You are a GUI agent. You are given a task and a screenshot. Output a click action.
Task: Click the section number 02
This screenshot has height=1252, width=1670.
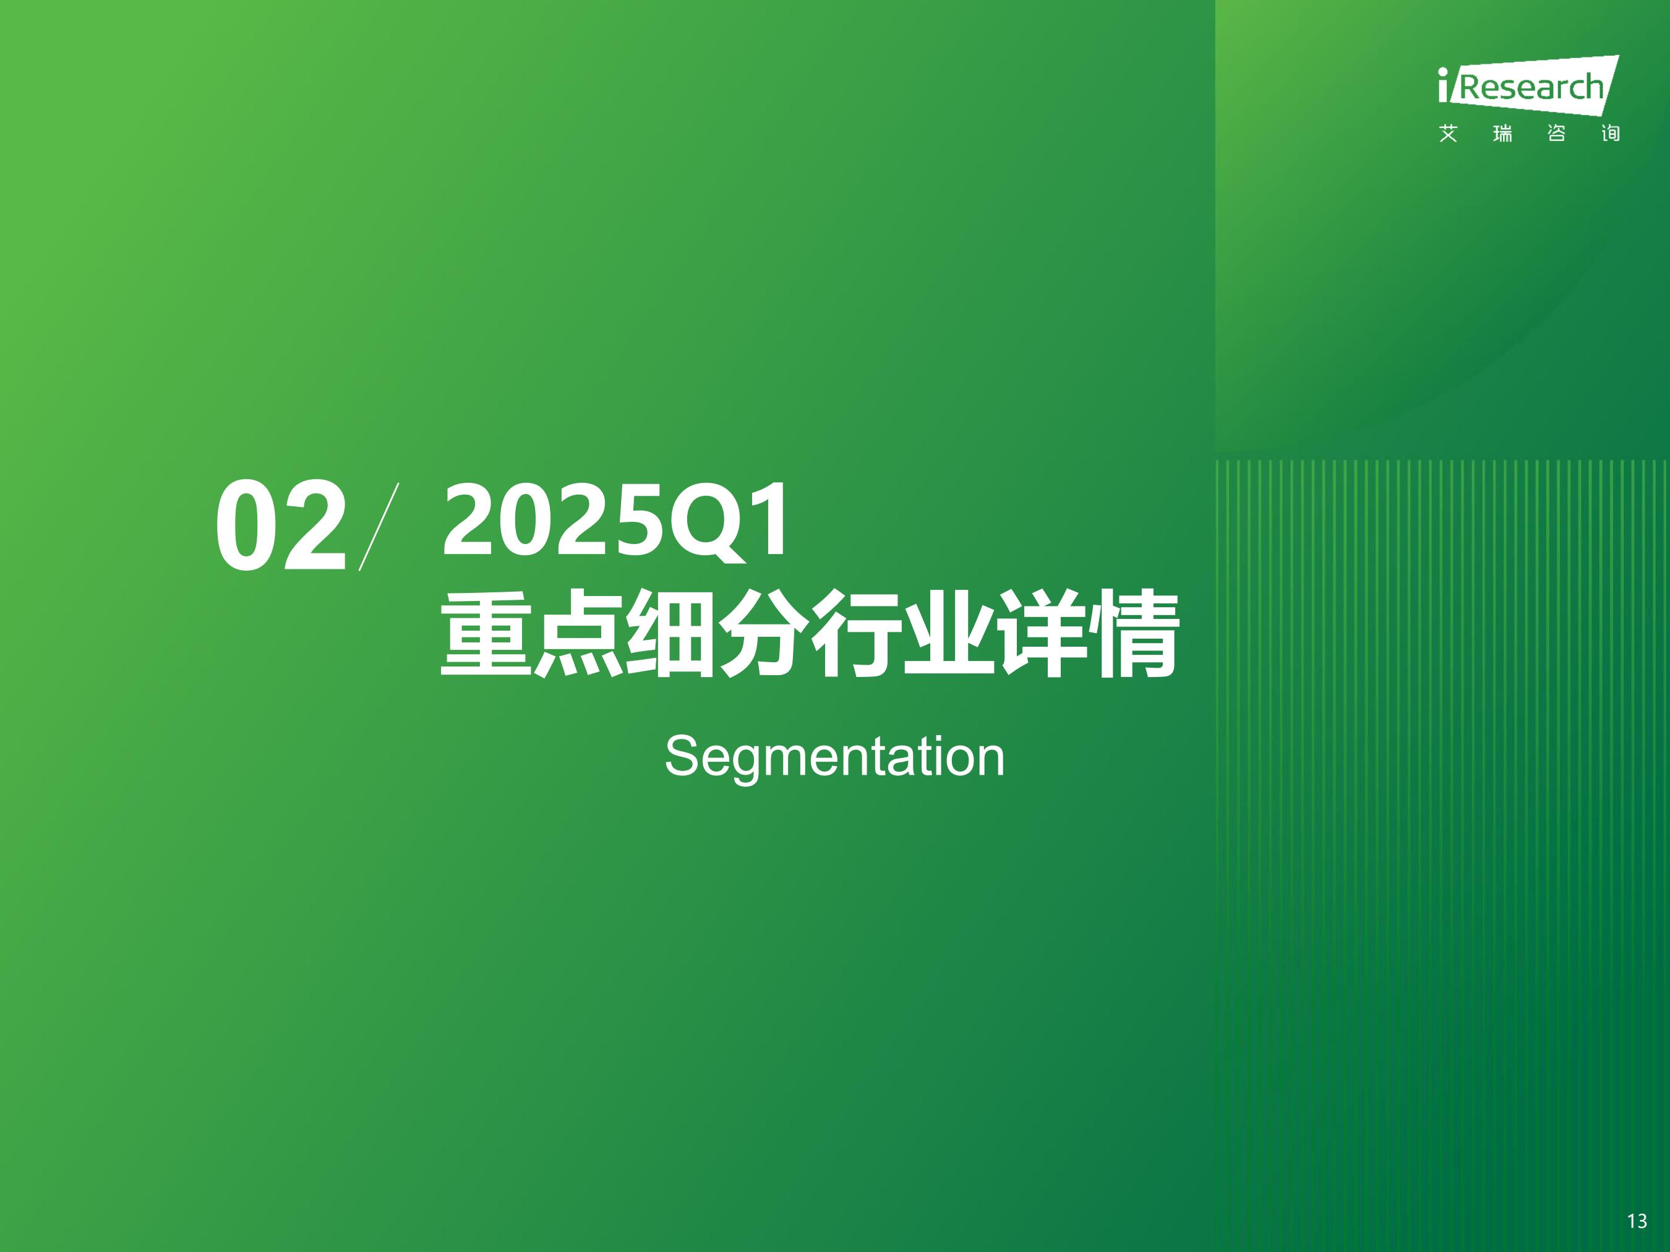pyautogui.click(x=281, y=526)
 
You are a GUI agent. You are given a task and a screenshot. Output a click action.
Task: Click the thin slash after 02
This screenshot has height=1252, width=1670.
pyautogui.click(x=379, y=526)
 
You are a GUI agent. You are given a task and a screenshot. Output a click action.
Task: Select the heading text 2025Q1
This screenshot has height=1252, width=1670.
pyautogui.click(x=616, y=521)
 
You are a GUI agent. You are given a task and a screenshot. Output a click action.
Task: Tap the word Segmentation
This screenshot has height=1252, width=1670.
pyautogui.click(x=834, y=757)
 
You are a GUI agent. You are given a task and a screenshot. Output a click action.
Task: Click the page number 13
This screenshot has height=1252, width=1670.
pyautogui.click(x=1637, y=1221)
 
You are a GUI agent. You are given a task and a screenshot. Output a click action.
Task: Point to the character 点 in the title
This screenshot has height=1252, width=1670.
pyautogui.click(x=580, y=633)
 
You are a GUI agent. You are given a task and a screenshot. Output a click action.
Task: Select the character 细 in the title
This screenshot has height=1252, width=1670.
pyautogui.click(x=671, y=633)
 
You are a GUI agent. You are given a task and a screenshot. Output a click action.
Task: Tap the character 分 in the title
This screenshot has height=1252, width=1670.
pyautogui.click(x=764, y=633)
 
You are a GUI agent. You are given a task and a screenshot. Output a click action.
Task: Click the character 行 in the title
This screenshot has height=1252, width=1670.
pyautogui.click(x=856, y=633)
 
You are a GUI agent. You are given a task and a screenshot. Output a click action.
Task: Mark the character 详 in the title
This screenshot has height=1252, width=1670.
pyautogui.click(x=1042, y=633)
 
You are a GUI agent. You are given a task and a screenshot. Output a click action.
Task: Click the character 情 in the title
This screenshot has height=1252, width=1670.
pyautogui.click(x=1133, y=633)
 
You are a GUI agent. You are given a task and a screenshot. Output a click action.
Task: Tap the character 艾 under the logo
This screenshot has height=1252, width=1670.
pyautogui.click(x=1448, y=134)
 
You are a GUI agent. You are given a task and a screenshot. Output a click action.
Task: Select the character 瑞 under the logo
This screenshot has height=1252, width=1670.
pyautogui.click(x=1502, y=134)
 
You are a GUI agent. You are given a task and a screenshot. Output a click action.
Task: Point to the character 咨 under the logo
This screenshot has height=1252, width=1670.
pyautogui.click(x=1556, y=134)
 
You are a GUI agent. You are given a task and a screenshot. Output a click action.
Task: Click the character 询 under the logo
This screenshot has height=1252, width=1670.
pyautogui.click(x=1611, y=134)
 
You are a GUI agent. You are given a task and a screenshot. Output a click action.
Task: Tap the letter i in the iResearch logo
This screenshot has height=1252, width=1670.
pyautogui.click(x=1444, y=85)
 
